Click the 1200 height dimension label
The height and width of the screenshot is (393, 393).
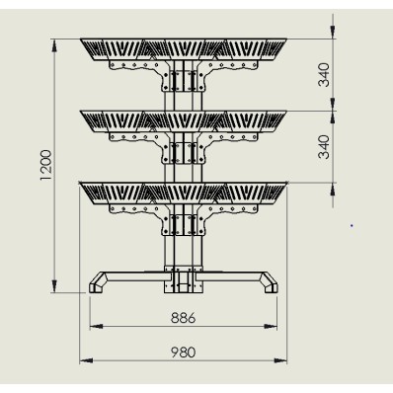(x=46, y=165)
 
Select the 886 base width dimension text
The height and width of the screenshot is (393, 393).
(x=184, y=318)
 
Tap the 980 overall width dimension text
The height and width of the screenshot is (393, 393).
(x=184, y=353)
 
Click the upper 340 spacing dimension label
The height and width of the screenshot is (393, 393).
(x=324, y=75)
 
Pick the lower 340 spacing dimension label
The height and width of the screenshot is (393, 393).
(x=324, y=147)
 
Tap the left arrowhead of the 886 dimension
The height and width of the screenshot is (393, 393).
(x=96, y=326)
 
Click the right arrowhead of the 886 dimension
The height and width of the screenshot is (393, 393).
(x=271, y=326)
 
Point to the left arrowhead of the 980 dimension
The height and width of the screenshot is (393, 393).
(x=86, y=360)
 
